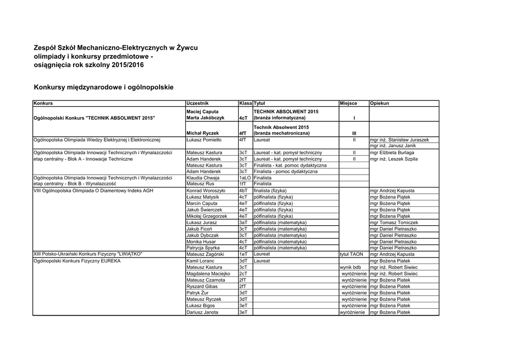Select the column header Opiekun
pyautogui.click(x=380, y=103)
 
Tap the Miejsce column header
pyautogui.click(x=348, y=103)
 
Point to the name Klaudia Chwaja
pyautogui.click(x=202, y=178)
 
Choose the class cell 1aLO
pyautogui.click(x=245, y=178)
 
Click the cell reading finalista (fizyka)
pyautogui.click(x=270, y=190)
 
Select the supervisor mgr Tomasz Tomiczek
pyautogui.click(x=394, y=223)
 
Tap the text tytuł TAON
pyautogui.click(x=352, y=254)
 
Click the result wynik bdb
pyautogui.click(x=350, y=267)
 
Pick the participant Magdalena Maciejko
pyautogui.click(x=208, y=273)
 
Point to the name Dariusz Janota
pyautogui.click(x=202, y=312)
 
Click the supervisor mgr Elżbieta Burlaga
pyautogui.click(x=392, y=153)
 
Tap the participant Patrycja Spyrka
pyautogui.click(x=203, y=248)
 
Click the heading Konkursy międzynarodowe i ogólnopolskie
pyautogui.click(x=103, y=87)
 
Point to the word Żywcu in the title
pyautogui.click(x=187, y=48)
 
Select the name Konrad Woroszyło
pyautogui.click(x=206, y=190)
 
